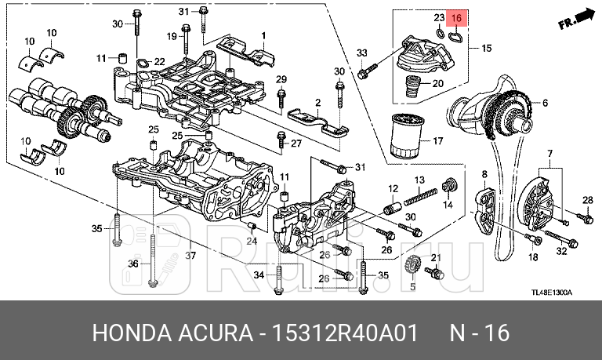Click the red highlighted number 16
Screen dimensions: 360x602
tap(456, 18)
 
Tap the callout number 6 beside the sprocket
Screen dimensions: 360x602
tap(545, 103)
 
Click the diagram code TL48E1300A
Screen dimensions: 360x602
tap(551, 293)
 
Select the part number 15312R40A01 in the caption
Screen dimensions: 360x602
tap(360, 333)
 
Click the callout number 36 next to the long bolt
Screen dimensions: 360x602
tap(132, 264)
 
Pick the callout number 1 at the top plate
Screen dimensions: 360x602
tap(263, 35)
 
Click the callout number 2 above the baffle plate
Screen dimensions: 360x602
tap(318, 103)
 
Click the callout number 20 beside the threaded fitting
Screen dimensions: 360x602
tap(438, 83)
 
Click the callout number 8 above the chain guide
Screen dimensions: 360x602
tap(484, 173)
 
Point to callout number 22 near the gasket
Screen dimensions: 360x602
tap(159, 62)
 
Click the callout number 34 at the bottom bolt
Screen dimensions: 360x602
tap(259, 274)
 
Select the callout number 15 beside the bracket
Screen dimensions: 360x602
tap(487, 49)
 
